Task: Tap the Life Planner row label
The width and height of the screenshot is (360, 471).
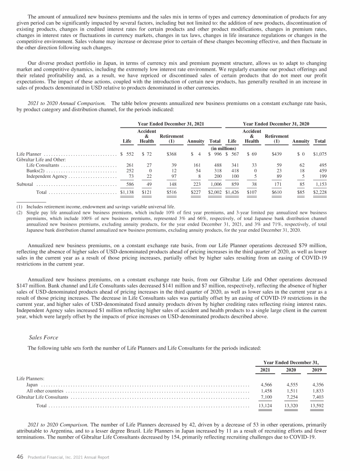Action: point(29,154)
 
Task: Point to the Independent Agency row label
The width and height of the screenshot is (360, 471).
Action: point(45,176)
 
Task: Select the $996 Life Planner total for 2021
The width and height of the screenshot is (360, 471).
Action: point(216,154)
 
